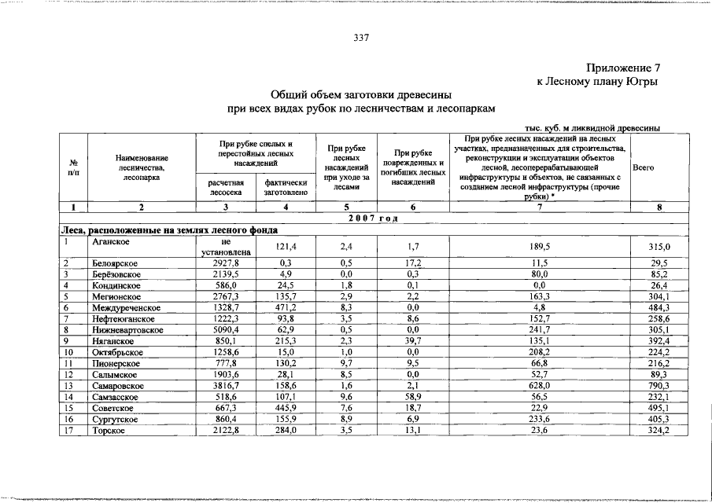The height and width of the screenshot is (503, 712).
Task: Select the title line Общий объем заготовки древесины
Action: point(362,94)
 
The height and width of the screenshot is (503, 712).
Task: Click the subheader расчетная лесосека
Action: point(225,187)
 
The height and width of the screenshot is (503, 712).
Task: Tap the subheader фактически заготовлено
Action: point(286,187)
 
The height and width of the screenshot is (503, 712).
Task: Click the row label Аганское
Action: point(110,242)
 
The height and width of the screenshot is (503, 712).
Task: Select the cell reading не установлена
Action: point(225,247)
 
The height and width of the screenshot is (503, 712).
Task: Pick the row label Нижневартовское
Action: point(127,331)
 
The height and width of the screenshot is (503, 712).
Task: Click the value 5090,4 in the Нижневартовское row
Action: point(225,331)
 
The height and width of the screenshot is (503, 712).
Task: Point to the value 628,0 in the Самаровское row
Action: point(539,387)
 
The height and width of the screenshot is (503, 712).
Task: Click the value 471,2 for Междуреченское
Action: point(286,308)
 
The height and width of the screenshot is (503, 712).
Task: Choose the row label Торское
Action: point(109,431)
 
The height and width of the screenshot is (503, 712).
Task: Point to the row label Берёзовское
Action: point(116,274)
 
